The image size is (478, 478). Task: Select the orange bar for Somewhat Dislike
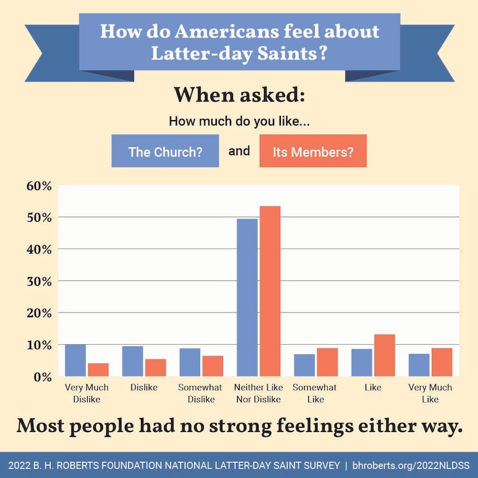click(x=213, y=366)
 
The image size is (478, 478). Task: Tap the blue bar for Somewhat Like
click(x=304, y=365)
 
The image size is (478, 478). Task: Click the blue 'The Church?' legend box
click(x=165, y=151)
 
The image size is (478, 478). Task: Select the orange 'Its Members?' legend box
click(x=312, y=151)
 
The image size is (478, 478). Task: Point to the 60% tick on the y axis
click(x=39, y=185)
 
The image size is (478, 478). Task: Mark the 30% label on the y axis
click(x=39, y=281)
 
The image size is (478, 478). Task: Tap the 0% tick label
click(x=43, y=377)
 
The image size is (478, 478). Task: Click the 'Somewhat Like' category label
click(x=315, y=393)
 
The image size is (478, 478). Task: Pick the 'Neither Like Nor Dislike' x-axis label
click(x=258, y=393)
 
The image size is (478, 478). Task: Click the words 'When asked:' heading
click(x=239, y=95)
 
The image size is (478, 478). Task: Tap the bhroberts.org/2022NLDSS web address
click(x=412, y=464)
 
